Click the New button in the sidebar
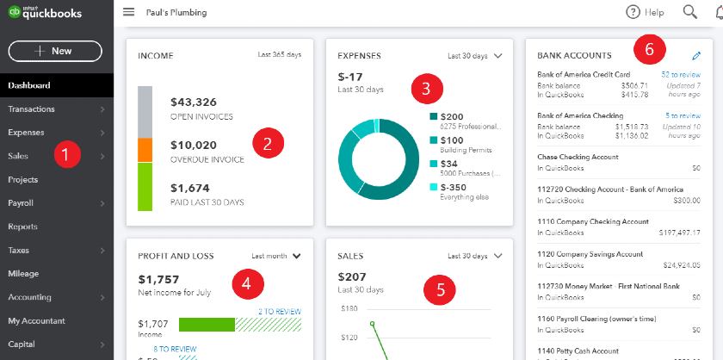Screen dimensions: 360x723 (55, 51)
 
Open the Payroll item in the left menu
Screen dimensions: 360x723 (22, 203)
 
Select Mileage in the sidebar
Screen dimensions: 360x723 (23, 274)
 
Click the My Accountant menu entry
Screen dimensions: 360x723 (36, 321)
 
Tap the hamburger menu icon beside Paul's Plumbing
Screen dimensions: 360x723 (129, 12)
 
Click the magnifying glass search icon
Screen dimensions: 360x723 (689, 12)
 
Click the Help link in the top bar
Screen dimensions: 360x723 (645, 12)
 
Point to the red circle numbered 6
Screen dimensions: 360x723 (649, 50)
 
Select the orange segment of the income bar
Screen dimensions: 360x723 (145, 150)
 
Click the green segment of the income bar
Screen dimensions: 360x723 (145, 187)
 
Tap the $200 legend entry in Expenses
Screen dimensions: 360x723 (451, 115)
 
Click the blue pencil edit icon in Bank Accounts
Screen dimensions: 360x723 (696, 55)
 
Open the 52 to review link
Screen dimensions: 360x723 (680, 75)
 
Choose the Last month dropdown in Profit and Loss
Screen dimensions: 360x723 (276, 256)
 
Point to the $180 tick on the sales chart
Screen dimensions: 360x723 (349, 307)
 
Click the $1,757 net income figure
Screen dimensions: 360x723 (158, 280)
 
